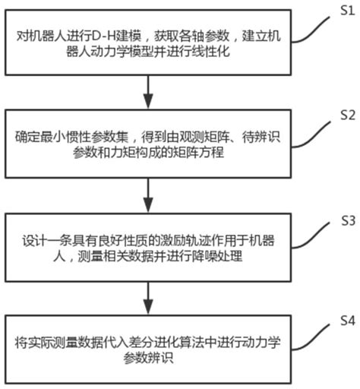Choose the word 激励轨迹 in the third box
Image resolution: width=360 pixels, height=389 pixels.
(x=174, y=242)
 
